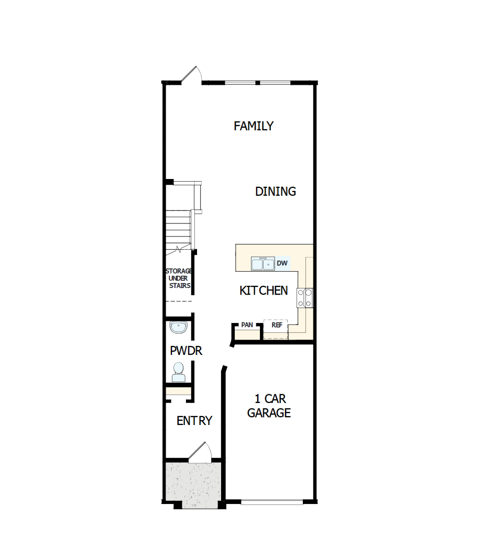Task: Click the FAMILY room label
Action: tap(254, 126)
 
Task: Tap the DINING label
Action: tap(276, 192)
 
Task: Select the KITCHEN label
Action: tap(264, 290)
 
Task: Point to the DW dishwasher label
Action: tap(282, 263)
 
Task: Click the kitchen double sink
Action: tap(263, 264)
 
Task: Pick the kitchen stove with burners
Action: tap(305, 298)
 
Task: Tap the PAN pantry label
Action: tap(247, 325)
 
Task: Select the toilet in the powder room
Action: tap(179, 372)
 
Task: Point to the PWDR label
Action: tap(186, 351)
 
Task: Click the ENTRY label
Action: tap(194, 421)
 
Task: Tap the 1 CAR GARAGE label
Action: tap(269, 406)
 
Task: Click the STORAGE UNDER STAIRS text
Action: tap(179, 278)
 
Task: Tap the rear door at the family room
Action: tap(192, 75)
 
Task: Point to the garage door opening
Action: tap(272, 502)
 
